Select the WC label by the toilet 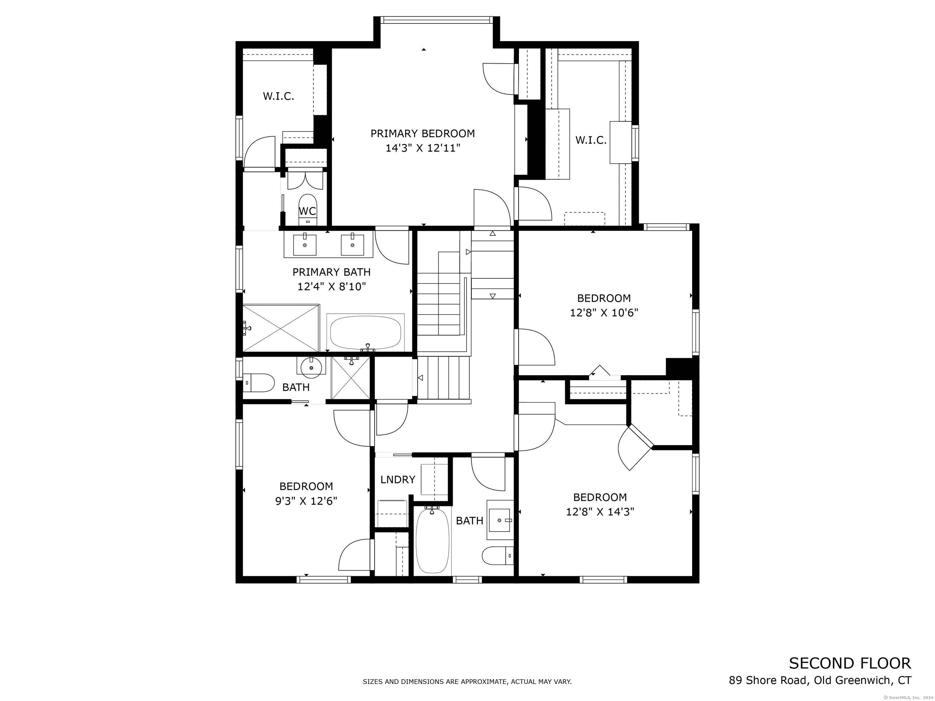pyautogui.click(x=307, y=211)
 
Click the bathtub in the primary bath pyautogui.click(x=365, y=333)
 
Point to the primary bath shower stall pyautogui.click(x=281, y=328)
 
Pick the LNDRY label pyautogui.click(x=398, y=480)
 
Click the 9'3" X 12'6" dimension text pyautogui.click(x=306, y=501)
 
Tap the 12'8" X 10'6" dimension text pyautogui.click(x=604, y=313)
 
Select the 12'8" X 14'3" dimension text pyautogui.click(x=600, y=512)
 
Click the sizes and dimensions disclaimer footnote pyautogui.click(x=467, y=682)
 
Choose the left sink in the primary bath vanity pyautogui.click(x=304, y=245)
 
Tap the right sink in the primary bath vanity pyautogui.click(x=352, y=245)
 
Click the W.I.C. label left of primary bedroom pyautogui.click(x=278, y=96)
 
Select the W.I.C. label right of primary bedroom pyautogui.click(x=591, y=140)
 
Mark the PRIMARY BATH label pyautogui.click(x=331, y=272)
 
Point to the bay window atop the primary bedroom pyautogui.click(x=437, y=20)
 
